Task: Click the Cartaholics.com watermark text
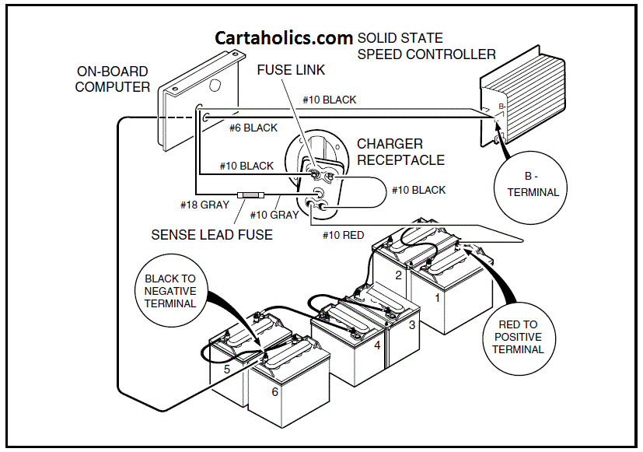pyautogui.click(x=284, y=39)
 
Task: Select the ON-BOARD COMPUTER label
pyautogui.click(x=113, y=79)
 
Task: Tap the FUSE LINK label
pyautogui.click(x=291, y=70)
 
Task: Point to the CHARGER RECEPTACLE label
pyautogui.click(x=400, y=152)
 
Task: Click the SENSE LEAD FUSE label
pyautogui.click(x=211, y=234)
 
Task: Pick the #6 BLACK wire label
pyautogui.click(x=253, y=128)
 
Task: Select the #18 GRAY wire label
pyautogui.click(x=204, y=205)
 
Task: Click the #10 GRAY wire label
pyautogui.click(x=274, y=215)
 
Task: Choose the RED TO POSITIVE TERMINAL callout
pyautogui.click(x=517, y=337)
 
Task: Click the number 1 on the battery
pyautogui.click(x=436, y=296)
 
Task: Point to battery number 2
pyautogui.click(x=397, y=275)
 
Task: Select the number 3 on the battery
pyautogui.click(x=413, y=324)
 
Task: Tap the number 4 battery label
pyautogui.click(x=377, y=344)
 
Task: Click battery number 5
pyautogui.click(x=227, y=370)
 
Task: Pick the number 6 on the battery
pyautogui.click(x=274, y=392)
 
